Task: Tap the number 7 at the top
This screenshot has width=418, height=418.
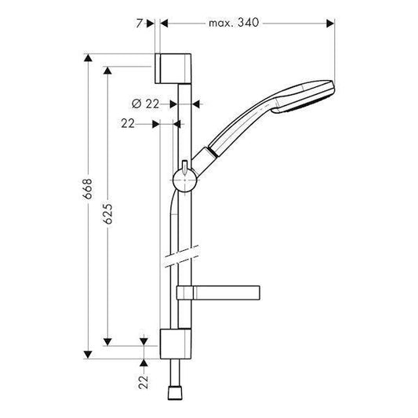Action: pos(140,24)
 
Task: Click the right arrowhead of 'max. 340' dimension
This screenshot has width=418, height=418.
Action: pos(331,24)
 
